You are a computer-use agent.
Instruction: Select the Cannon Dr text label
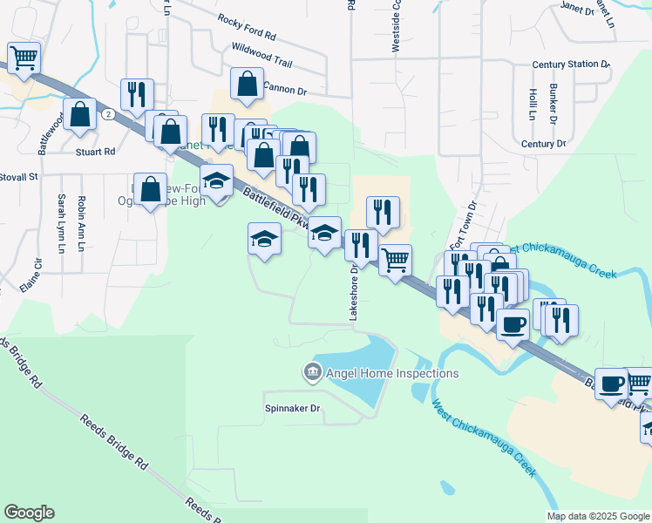coord(285,89)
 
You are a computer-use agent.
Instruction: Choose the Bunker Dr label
coord(554,102)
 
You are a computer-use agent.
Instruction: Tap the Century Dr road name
coord(543,144)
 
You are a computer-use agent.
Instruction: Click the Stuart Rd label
coord(96,151)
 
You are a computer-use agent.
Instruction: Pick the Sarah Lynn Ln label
coord(61,223)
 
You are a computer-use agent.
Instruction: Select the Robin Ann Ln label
coord(81,223)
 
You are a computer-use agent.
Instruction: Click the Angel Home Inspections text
coord(392,373)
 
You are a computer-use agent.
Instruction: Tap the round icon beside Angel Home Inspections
coord(311,373)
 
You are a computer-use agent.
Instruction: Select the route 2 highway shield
coord(107,114)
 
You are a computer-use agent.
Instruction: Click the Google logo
coord(29,513)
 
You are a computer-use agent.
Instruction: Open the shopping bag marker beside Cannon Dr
coord(248,85)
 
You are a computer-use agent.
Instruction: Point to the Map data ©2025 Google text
coord(597,516)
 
